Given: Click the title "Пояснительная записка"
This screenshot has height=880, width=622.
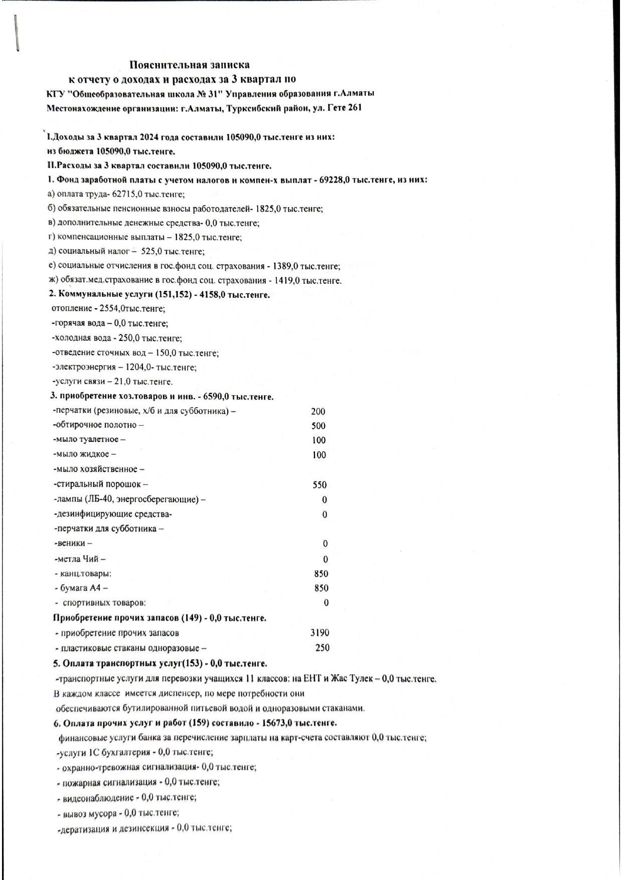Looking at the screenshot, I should pos(190,65).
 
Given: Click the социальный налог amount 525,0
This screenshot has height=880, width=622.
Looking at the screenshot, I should pos(151,251).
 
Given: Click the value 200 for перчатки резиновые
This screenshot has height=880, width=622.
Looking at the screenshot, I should pos(318,412).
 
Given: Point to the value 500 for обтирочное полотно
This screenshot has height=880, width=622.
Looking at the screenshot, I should pos(318,426).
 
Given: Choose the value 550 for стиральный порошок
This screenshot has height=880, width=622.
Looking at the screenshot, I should pos(319,485).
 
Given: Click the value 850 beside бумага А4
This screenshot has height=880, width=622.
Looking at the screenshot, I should pos(321,588).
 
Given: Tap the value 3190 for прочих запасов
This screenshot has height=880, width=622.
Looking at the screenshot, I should pos(320,633).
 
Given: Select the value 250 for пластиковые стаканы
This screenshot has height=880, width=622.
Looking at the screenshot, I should pos(322,648).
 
